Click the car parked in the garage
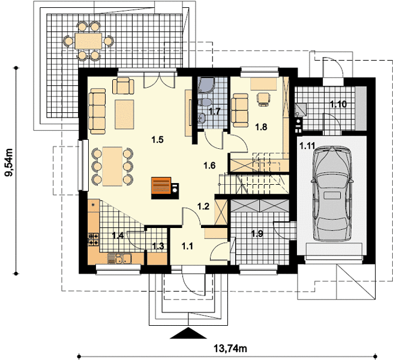(x=332, y=194)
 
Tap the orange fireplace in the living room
(x=161, y=186)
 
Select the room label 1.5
(x=157, y=140)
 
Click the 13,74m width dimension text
(x=230, y=348)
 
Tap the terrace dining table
(x=88, y=41)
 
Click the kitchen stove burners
(x=94, y=239)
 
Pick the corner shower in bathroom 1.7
(x=206, y=85)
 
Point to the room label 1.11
(x=307, y=146)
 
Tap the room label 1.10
(x=338, y=104)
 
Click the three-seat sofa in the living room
(x=97, y=111)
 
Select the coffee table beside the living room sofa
(x=124, y=115)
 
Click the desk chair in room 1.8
(x=264, y=99)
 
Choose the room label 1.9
(x=257, y=233)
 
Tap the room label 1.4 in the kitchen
(x=118, y=235)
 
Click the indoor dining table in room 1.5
(x=112, y=166)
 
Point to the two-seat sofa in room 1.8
(x=240, y=110)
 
